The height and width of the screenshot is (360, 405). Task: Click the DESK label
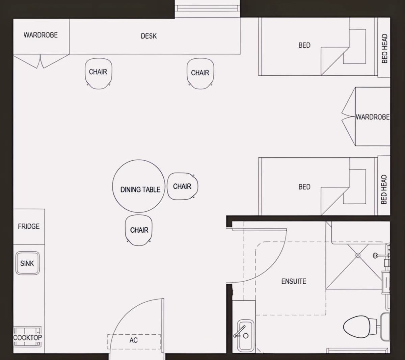point(149,36)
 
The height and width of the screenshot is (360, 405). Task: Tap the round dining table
point(138,186)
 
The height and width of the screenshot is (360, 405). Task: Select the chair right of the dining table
point(182,186)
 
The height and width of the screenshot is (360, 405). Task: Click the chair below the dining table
point(138,230)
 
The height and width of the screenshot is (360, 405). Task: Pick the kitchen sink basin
point(28,263)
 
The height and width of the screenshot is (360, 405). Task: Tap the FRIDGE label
point(29,226)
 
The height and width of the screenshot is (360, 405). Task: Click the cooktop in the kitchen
point(27,337)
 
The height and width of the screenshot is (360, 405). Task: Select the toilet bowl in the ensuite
point(357,327)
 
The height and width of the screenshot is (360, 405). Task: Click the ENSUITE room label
point(294,281)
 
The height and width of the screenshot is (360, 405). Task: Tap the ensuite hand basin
point(245,335)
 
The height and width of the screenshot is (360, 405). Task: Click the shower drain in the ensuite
point(358,255)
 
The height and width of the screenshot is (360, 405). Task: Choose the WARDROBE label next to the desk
point(40,35)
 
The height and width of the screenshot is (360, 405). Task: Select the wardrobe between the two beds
point(372,117)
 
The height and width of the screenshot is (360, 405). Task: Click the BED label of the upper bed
point(304,45)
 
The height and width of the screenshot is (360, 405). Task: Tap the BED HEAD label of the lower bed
point(384,189)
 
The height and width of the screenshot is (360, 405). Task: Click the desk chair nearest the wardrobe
point(98,73)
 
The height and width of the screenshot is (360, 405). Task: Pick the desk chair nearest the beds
point(200,73)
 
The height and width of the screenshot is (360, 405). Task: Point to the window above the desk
point(207,8)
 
